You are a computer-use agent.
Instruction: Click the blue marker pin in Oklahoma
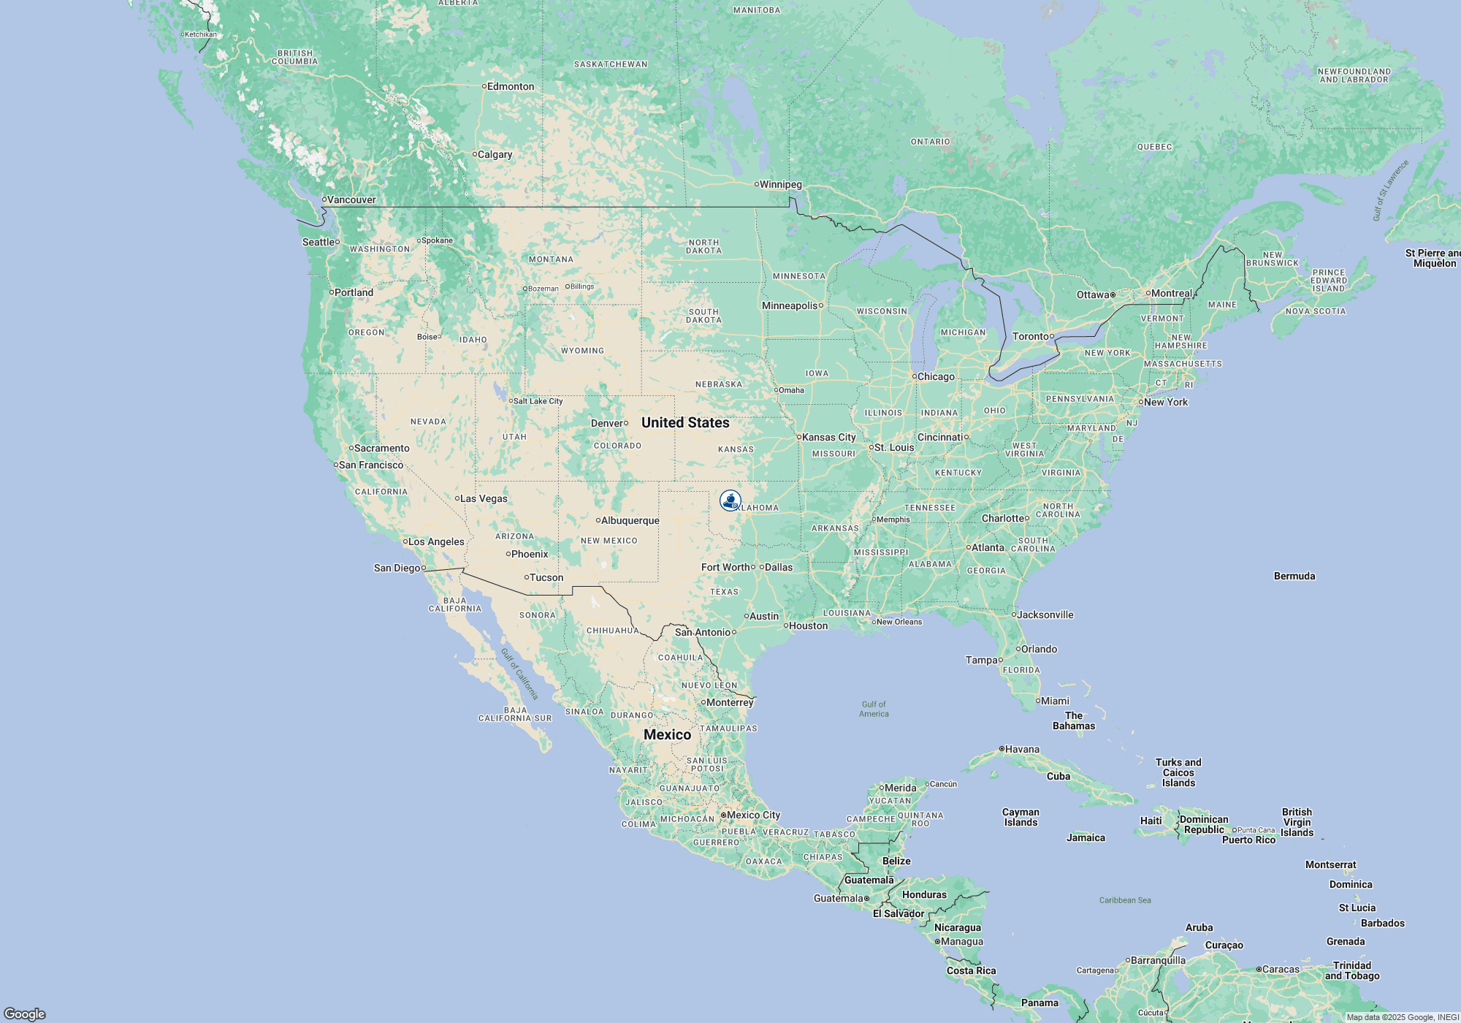tap(730, 501)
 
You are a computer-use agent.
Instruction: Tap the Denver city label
tap(607, 423)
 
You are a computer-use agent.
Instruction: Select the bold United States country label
tap(685, 422)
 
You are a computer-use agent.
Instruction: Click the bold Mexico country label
tap(667, 734)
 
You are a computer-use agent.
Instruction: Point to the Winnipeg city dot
tap(757, 184)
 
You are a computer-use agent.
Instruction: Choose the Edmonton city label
tap(510, 86)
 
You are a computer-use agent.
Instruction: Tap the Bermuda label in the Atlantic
tap(1294, 576)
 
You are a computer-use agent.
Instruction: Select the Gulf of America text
tap(874, 710)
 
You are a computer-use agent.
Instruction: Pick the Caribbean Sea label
tap(1125, 900)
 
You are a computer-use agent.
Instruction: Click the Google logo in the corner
tap(25, 1014)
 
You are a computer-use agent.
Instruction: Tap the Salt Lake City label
tap(538, 401)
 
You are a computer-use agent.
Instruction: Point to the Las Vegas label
tap(483, 498)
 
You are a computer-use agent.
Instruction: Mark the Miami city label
tap(1055, 701)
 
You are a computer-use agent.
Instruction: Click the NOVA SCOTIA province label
tap(1315, 311)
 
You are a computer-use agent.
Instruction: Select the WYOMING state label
tap(582, 351)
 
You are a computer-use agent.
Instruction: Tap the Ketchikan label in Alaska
tap(200, 34)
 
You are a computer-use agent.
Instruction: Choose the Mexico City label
tap(753, 815)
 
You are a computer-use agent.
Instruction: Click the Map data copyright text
tap(1403, 1017)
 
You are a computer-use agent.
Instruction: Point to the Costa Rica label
tap(971, 970)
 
